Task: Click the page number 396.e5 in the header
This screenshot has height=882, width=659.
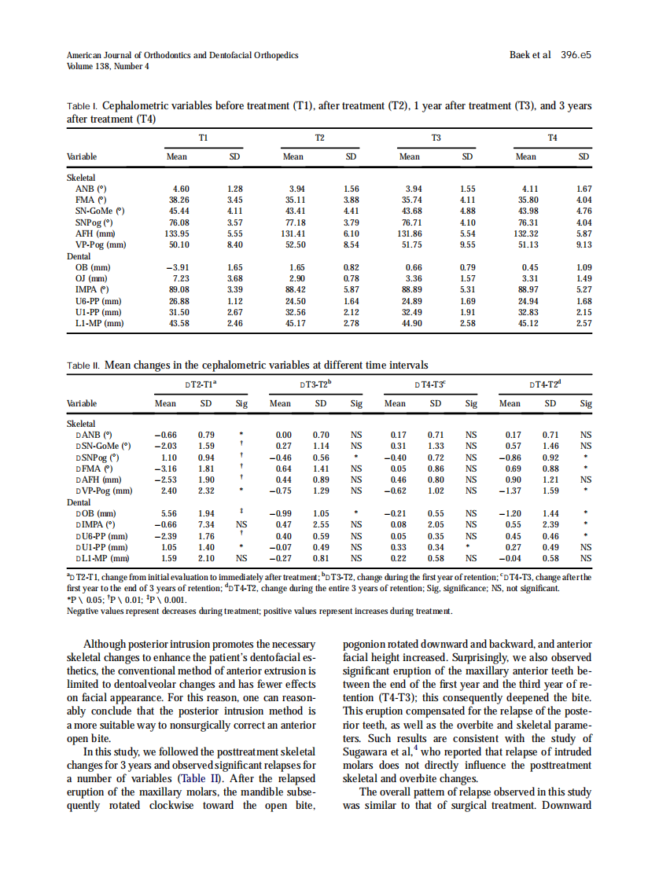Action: (576, 56)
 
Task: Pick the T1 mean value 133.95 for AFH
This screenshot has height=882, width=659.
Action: (176, 233)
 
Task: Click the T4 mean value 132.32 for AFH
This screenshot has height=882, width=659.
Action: (525, 233)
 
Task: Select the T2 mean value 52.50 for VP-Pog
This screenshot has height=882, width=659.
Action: (293, 244)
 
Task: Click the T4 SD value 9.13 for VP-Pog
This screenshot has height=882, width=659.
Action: (584, 244)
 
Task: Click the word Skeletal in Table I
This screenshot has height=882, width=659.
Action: (80, 178)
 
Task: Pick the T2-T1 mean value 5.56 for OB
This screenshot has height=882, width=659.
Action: (168, 513)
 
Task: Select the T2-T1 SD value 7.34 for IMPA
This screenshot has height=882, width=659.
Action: (206, 524)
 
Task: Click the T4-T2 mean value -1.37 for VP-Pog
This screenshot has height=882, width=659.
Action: (510, 491)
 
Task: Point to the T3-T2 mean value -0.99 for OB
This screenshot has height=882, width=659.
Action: (280, 513)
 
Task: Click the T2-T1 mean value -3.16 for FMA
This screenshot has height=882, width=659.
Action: (165, 468)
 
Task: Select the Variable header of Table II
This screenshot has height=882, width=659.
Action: (82, 403)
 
